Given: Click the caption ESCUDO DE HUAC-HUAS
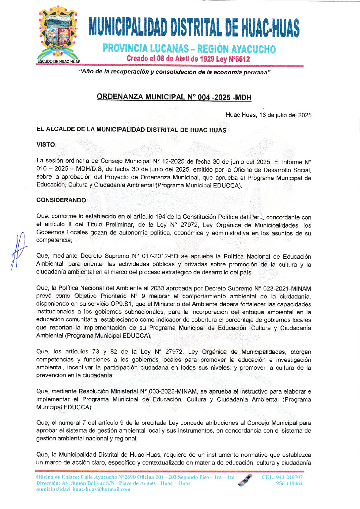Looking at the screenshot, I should [59, 62].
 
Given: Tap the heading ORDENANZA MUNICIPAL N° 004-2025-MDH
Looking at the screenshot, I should [174, 97].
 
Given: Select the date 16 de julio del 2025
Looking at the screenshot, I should [285, 115].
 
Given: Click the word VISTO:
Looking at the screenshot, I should [47, 144].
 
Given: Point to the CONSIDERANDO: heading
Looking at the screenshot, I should [62, 200].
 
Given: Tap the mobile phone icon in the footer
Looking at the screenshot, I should [245, 480].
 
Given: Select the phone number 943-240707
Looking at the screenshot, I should [289, 477].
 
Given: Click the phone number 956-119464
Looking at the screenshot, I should [289, 483].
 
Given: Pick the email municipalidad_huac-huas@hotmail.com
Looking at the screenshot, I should [83, 489].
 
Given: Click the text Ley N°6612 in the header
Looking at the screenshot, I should [233, 59].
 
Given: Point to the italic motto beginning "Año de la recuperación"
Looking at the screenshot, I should [175, 72].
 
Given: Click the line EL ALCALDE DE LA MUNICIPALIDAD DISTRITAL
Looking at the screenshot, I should [131, 130].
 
